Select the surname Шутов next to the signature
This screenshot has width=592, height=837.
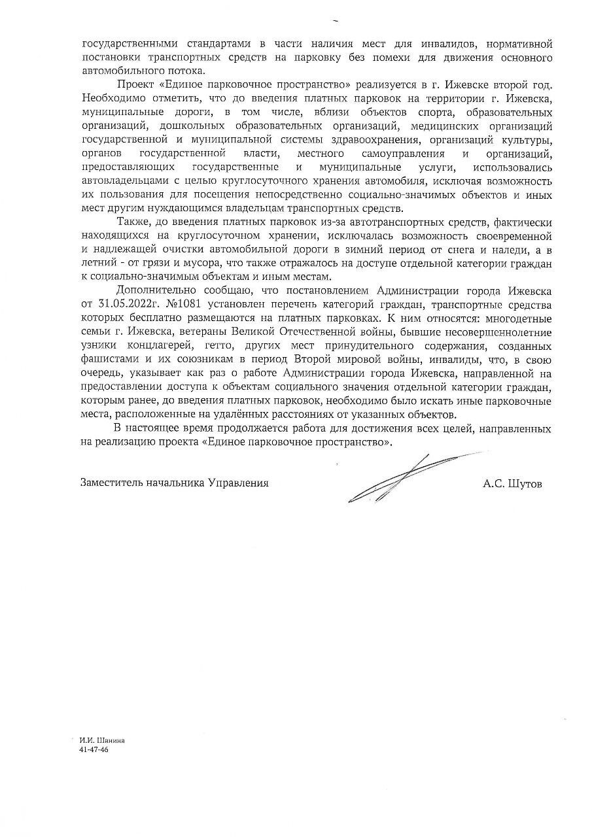[527, 484]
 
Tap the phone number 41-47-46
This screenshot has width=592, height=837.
[93, 750]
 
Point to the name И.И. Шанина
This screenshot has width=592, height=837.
[101, 740]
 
